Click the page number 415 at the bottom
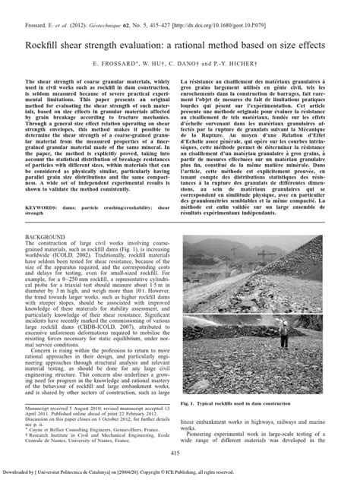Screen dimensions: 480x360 pyautogui.click(x=179, y=452)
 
